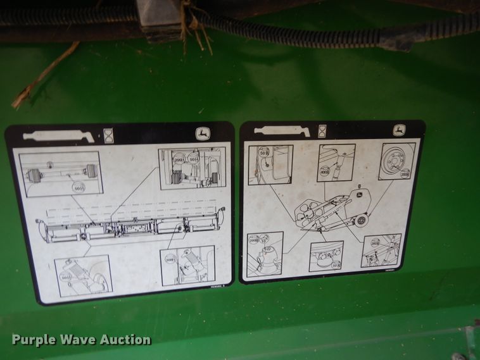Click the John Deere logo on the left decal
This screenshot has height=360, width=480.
coord(202,134)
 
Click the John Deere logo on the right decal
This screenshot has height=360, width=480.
coord(399,130)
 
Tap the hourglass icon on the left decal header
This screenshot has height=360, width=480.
coord(109,134)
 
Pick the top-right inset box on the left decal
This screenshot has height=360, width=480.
coord(192,168)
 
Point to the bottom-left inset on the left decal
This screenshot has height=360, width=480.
coord(84,276)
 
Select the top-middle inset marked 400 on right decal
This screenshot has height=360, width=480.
coord(336,163)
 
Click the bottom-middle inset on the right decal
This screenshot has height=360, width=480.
coord(326,256)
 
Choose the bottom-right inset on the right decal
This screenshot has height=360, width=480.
coord(381,251)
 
